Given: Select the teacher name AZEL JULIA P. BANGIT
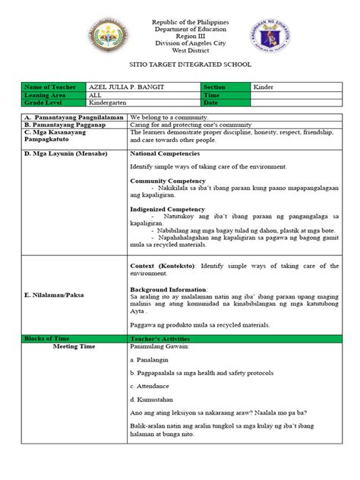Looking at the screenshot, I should pyautogui.click(x=137, y=88).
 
